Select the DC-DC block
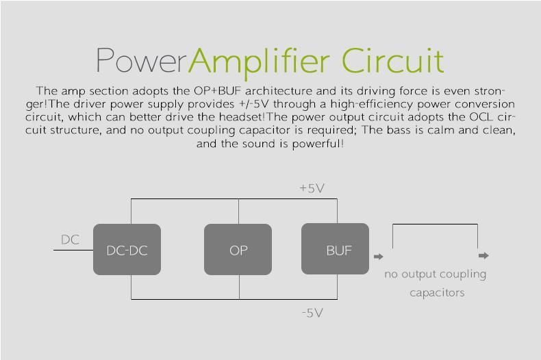point(127,250)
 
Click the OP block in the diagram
point(238,250)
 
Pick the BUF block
point(336,249)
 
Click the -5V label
point(312,313)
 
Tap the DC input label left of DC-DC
point(70,240)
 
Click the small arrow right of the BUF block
point(379,257)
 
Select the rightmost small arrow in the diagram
point(483,255)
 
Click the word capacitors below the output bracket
point(437,292)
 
